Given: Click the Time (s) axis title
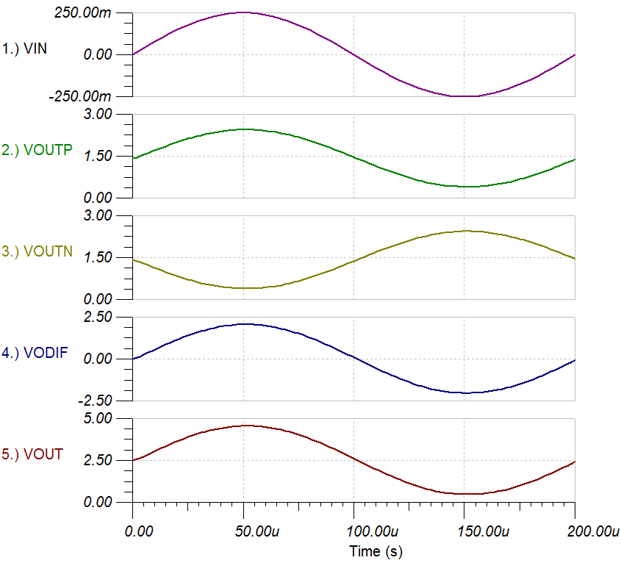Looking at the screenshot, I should [376, 551].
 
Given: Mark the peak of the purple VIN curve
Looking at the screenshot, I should [243, 12].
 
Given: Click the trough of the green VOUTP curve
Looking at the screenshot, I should [465, 187].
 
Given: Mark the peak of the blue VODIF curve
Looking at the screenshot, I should [243, 323].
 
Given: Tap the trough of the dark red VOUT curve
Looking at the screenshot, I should [465, 494].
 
